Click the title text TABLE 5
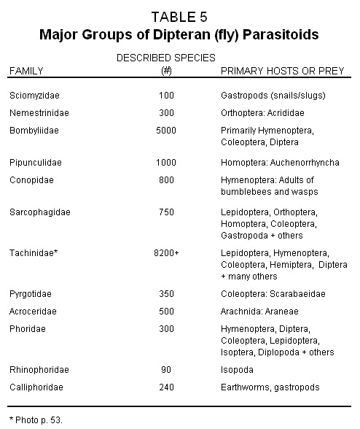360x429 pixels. [x=180, y=15]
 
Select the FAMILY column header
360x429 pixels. [x=26, y=71]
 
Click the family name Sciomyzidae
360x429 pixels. [x=33, y=96]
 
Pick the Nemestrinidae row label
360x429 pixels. [x=37, y=112]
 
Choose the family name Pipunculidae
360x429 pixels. [x=35, y=162]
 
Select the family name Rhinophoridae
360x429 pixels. [x=39, y=371]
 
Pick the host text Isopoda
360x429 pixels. [x=238, y=371]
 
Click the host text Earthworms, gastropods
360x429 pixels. [x=270, y=387]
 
